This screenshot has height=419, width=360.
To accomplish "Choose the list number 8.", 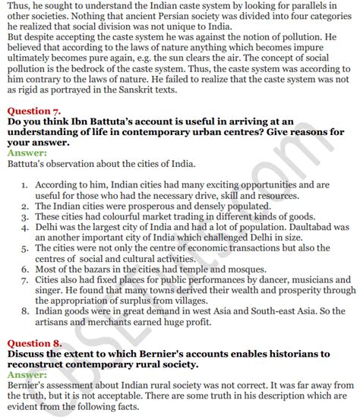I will [24, 310].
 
